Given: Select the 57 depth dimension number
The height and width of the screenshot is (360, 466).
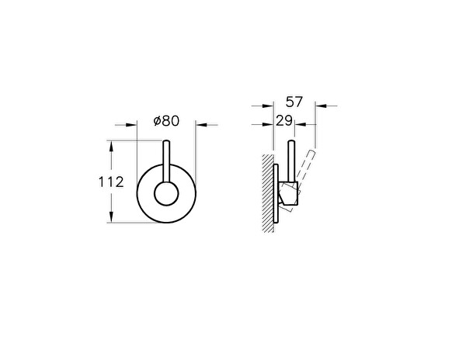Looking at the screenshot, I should click(x=294, y=102).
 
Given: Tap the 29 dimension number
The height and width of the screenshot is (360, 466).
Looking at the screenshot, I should click(x=284, y=122).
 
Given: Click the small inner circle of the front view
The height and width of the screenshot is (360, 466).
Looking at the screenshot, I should click(x=165, y=194).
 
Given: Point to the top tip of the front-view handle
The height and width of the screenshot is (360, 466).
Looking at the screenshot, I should click(x=165, y=143).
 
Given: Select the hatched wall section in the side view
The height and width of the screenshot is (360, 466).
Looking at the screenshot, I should click(x=268, y=194).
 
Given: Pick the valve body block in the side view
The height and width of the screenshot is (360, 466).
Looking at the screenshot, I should click(x=289, y=196).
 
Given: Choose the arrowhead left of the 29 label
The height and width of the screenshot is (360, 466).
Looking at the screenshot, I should click(x=270, y=123).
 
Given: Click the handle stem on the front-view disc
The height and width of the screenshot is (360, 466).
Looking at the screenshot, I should click(x=165, y=164).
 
